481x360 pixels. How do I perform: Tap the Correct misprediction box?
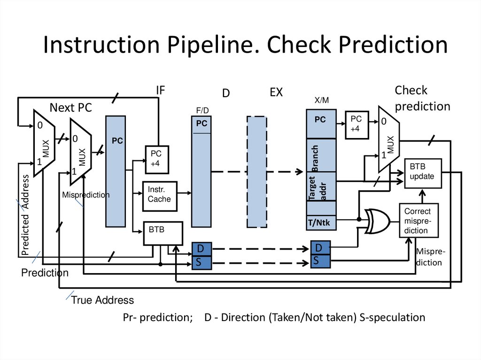click(419, 221)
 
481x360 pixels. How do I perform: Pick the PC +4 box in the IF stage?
click(156, 159)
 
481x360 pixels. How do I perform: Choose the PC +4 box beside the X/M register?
click(356, 125)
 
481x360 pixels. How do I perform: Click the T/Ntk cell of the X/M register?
click(321, 222)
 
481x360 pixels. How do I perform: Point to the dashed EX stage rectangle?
click(257, 171)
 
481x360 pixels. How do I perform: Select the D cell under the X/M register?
click(321, 248)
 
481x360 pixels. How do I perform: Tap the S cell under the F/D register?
click(202, 262)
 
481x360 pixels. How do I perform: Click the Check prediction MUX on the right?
click(388, 139)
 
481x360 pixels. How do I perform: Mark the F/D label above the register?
click(202, 110)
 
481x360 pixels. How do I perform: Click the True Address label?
click(102, 300)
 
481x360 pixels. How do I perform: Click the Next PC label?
click(71, 108)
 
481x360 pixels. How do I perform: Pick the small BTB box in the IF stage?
click(163, 233)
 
